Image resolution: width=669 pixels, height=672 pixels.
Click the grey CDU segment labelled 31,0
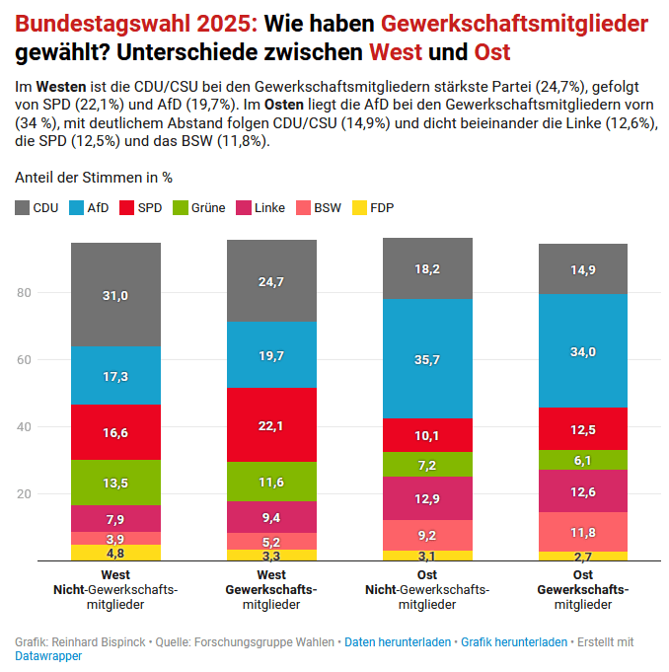coord(115,295)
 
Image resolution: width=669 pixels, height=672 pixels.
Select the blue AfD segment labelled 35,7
coord(427,359)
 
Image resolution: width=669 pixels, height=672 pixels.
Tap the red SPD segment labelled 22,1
coord(271,425)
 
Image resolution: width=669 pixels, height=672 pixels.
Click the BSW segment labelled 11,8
coord(583,532)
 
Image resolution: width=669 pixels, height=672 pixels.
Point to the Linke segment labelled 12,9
coord(427,498)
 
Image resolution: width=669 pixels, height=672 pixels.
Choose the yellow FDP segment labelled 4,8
coord(115,553)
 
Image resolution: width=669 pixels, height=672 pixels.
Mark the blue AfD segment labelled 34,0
coord(583,351)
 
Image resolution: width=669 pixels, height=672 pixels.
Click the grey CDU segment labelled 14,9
coord(583,269)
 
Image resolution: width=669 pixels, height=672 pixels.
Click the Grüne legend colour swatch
coord(181,208)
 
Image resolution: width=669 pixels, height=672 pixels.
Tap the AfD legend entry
coord(89,208)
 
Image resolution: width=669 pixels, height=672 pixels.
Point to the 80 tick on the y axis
coord(25,293)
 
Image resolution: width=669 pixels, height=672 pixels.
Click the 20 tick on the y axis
coord(25,493)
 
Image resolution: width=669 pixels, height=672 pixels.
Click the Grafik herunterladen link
coord(514,641)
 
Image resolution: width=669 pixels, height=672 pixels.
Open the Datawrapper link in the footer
coord(47,655)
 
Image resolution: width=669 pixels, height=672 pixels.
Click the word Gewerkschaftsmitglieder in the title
coord(514,23)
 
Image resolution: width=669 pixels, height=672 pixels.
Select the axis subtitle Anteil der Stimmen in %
coord(94,178)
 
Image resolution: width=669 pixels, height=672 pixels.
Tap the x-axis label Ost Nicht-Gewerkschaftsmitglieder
coord(427,589)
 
